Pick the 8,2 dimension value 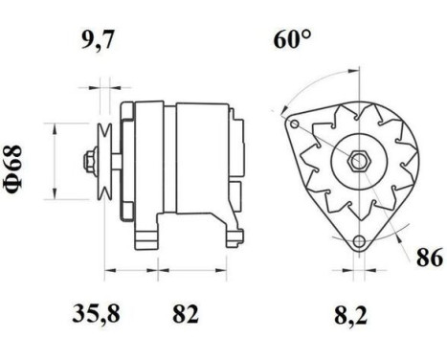(x=352, y=313)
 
